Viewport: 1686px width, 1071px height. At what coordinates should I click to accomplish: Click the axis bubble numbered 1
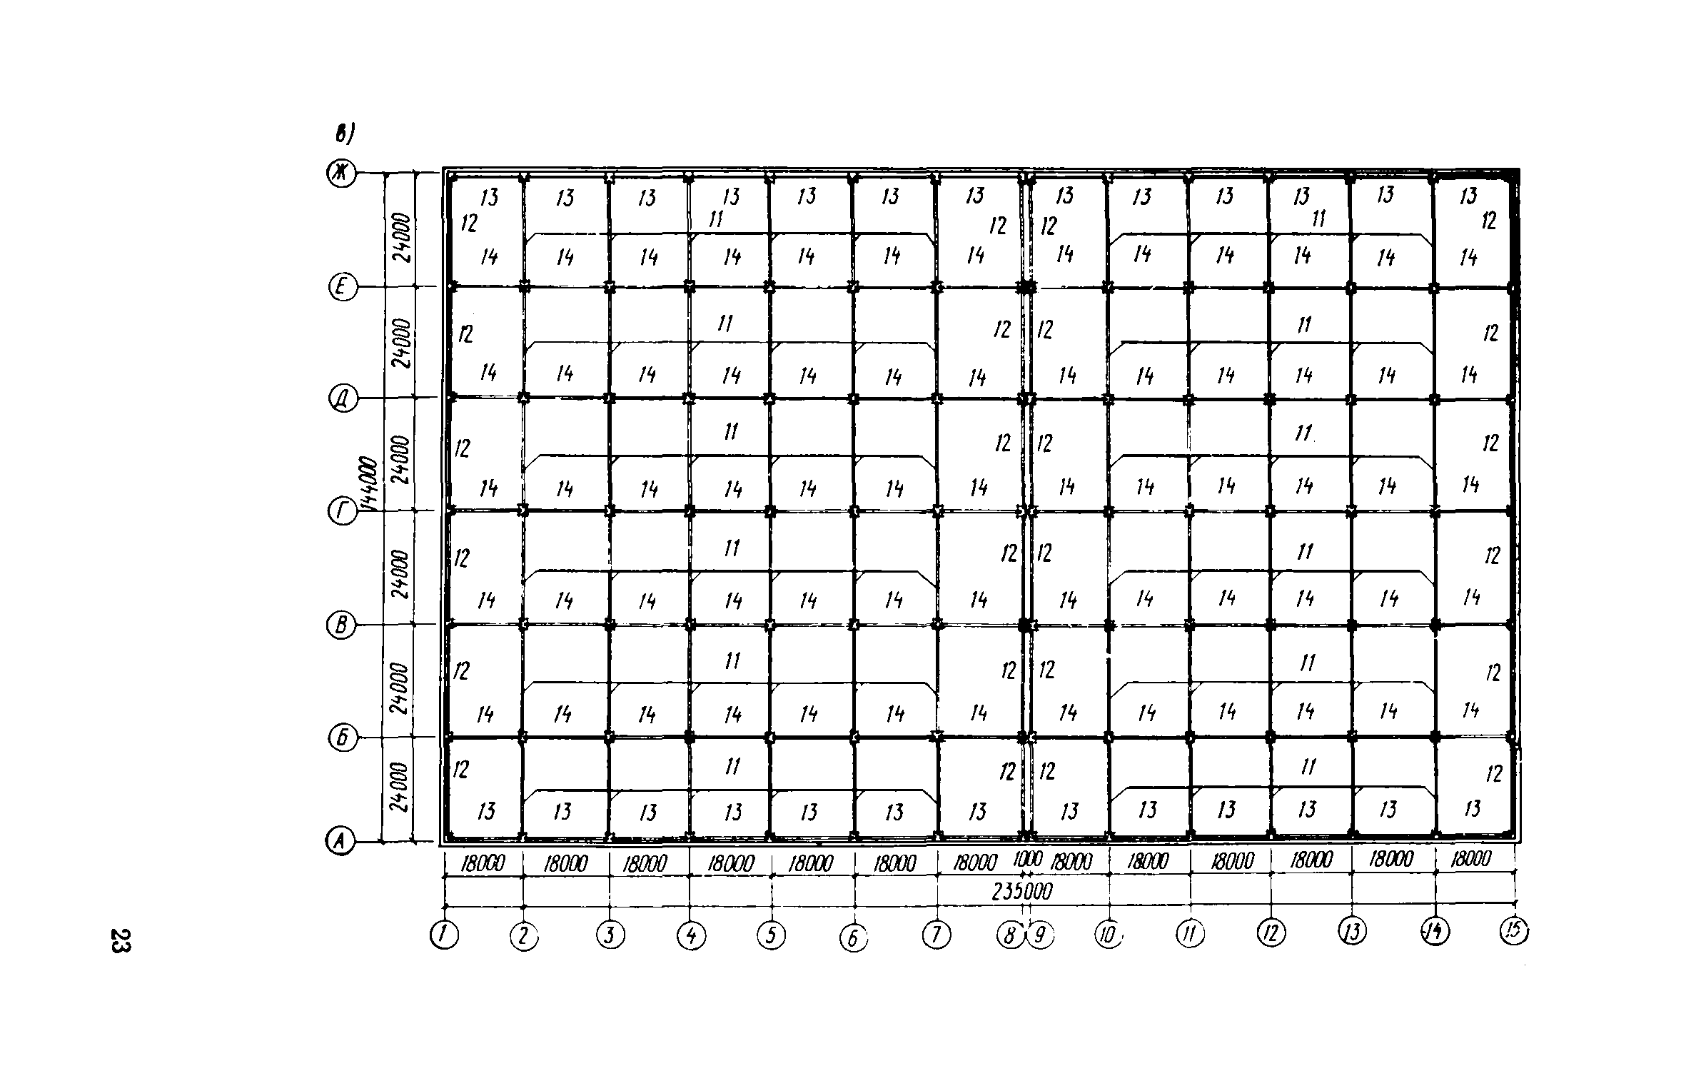[444, 935]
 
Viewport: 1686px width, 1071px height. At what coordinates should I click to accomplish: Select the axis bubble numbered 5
[772, 935]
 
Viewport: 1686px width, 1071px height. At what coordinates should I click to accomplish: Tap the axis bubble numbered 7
[937, 935]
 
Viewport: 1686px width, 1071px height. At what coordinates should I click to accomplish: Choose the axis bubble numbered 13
[1352, 932]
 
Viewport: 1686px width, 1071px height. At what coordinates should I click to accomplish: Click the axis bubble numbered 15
[1515, 930]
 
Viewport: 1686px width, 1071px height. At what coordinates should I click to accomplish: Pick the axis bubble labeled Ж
[341, 173]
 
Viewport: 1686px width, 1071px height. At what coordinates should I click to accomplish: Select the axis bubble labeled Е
[342, 287]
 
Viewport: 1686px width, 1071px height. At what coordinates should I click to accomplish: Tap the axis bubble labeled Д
[342, 398]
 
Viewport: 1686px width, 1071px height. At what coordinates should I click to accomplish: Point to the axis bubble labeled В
[341, 625]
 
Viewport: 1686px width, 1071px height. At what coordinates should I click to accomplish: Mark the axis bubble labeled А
[340, 843]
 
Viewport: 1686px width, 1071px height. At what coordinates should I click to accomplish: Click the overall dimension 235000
[1022, 892]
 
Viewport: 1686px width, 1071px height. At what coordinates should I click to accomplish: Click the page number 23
[121, 940]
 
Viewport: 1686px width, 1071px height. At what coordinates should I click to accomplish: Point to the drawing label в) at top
[346, 133]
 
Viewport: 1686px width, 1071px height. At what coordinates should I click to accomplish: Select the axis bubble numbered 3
[610, 935]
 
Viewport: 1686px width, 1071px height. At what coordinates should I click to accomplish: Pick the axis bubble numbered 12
[1271, 932]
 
